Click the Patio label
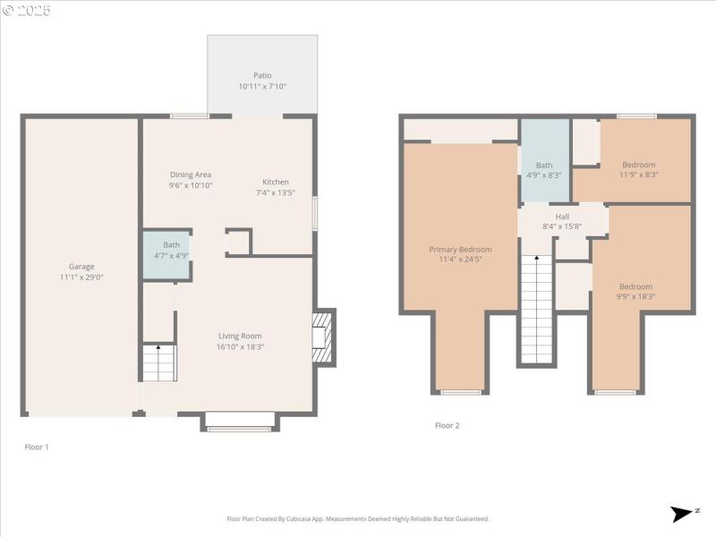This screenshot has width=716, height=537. tap(261, 75)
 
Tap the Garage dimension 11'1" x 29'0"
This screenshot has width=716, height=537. tap(81, 277)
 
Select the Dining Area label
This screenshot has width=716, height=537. tap(191, 175)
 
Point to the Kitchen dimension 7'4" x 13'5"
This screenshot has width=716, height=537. tap(272, 192)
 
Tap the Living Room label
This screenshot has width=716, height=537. tap(240, 336)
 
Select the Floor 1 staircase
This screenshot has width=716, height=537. tap(159, 363)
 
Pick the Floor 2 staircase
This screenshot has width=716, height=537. tap(537, 309)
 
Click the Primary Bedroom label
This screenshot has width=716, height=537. tap(460, 249)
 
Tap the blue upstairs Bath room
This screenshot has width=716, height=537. tap(544, 161)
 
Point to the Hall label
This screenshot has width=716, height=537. tap(562, 216)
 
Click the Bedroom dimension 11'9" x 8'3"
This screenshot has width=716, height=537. tap(639, 175)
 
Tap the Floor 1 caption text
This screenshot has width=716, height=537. tap(36, 446)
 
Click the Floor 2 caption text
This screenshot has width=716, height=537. tap(447, 425)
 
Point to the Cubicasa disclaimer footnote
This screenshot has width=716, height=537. tap(358, 519)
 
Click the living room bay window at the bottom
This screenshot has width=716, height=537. tap(240, 422)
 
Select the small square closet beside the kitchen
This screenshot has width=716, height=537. tap(238, 243)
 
